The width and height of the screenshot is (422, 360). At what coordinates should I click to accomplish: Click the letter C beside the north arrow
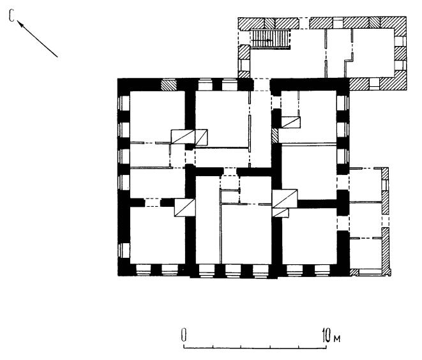click(11, 16)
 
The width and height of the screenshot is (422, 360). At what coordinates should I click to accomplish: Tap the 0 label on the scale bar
click(184, 335)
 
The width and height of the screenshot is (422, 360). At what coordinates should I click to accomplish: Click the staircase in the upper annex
click(270, 39)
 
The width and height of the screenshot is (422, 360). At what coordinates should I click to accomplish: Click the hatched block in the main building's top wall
click(169, 85)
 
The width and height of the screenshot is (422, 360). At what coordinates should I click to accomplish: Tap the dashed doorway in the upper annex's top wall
click(304, 23)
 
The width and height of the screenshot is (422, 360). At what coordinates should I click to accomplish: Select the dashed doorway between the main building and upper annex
click(262, 84)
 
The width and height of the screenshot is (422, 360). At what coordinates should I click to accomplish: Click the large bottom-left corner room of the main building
click(158, 235)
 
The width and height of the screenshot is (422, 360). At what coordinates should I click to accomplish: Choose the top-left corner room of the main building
click(157, 116)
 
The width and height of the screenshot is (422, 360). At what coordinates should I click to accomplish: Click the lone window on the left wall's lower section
click(124, 250)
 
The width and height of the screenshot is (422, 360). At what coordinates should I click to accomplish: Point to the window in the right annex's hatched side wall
click(385, 184)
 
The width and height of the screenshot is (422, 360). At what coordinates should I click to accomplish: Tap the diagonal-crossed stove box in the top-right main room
click(290, 122)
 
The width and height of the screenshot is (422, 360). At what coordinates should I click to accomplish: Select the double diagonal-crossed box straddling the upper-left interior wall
click(190, 137)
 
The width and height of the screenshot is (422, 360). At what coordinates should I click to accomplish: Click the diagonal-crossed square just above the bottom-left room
click(185, 207)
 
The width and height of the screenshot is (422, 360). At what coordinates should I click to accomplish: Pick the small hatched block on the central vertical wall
click(275, 136)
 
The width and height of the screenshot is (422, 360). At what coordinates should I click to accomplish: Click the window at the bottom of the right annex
click(370, 273)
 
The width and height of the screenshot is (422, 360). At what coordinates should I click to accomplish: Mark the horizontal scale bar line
click(255, 348)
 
